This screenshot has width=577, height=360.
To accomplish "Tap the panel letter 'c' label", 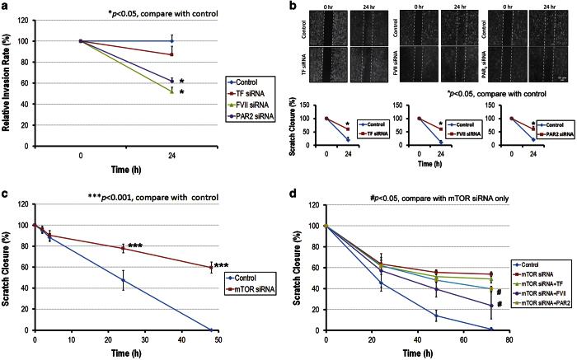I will pyautogui.click(x=7, y=193).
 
